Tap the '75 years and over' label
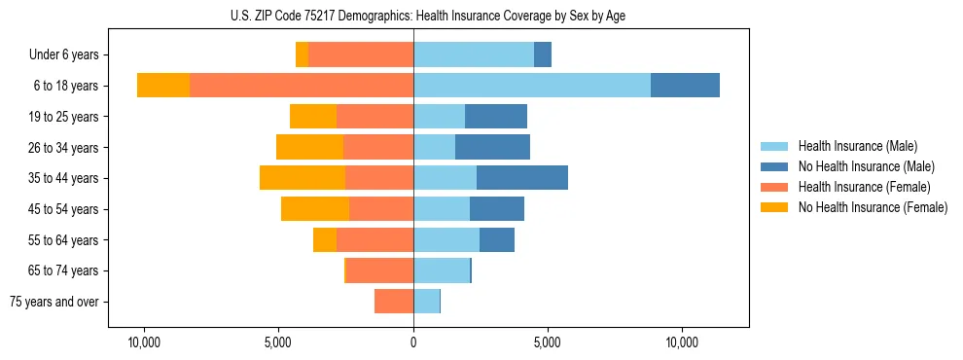tap(54, 302)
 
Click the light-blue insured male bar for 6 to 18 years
tap(531, 86)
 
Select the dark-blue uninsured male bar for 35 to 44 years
tap(521, 178)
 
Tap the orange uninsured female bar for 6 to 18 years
tap(163, 86)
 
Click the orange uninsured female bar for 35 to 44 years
tap(303, 178)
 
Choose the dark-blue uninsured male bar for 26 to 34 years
tap(492, 147)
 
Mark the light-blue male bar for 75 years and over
tap(426, 302)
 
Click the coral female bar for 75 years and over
tap(394, 302)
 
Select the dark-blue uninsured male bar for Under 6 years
tap(543, 54)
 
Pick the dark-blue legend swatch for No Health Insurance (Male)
tap(774, 166)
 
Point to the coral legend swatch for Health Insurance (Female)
tap(774, 187)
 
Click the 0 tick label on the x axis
tap(413, 342)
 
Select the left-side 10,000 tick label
tap(144, 342)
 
